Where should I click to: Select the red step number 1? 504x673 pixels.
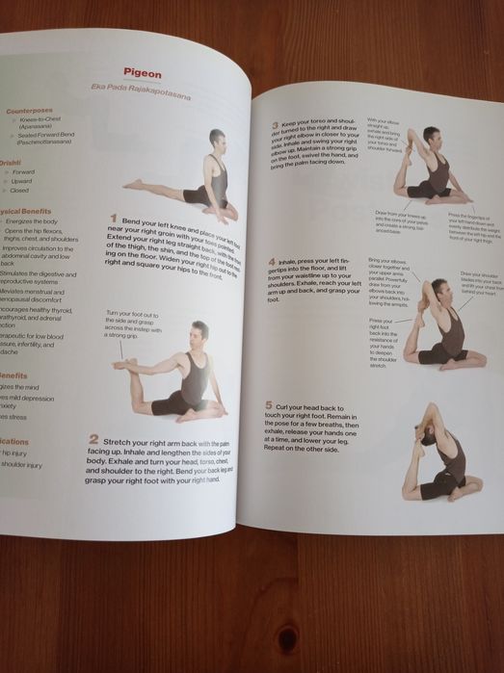[113, 220]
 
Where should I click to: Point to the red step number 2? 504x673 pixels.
[93, 439]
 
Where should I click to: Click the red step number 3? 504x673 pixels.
[275, 125]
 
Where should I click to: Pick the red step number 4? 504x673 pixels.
[273, 262]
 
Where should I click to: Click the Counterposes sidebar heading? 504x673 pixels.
[29, 111]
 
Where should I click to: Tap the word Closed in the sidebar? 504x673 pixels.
[20, 191]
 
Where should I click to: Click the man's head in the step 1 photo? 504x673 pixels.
[217, 138]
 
